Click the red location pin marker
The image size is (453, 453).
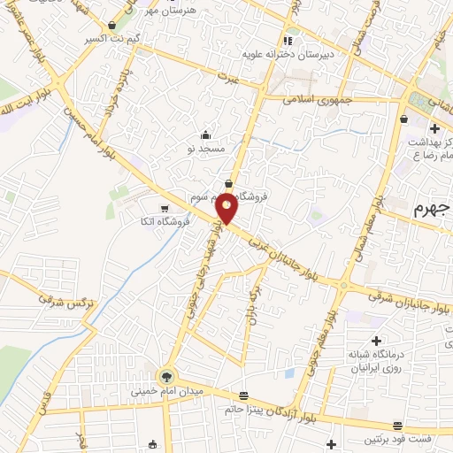(227, 208)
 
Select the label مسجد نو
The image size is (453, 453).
(212, 150)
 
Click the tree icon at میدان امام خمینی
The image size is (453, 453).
(166, 374)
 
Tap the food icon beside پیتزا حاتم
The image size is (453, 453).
(244, 395)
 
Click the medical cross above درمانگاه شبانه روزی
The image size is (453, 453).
(377, 341)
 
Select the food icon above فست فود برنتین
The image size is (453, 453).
(398, 426)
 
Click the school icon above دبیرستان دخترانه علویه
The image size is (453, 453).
(288, 41)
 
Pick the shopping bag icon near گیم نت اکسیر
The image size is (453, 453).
(111, 27)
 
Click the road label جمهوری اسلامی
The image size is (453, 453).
(318, 100)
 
